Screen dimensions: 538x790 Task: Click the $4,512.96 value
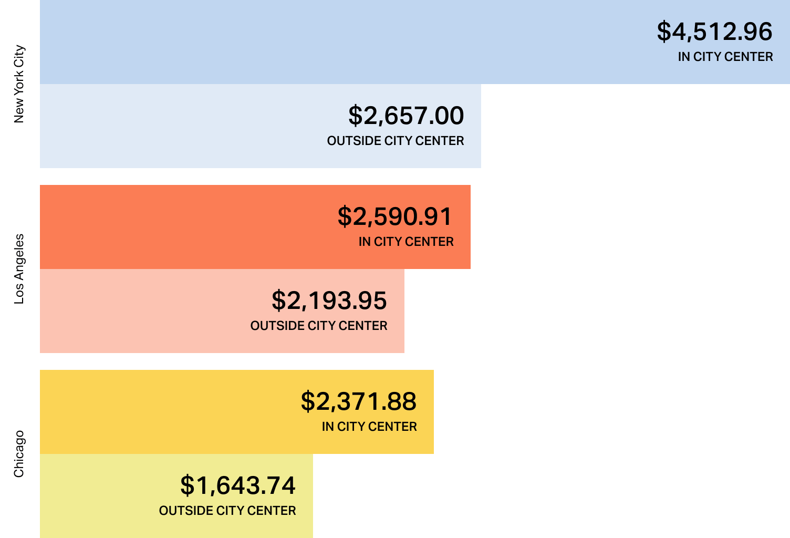coord(714,32)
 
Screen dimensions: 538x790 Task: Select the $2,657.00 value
coord(406,116)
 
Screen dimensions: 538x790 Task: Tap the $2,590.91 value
coord(395,216)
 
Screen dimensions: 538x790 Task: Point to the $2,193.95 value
coord(329,301)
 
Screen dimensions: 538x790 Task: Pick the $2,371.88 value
coord(359,401)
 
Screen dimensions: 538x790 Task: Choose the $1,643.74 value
coord(238,485)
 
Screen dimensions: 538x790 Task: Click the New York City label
coord(19,84)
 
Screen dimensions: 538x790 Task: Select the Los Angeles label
coord(19,269)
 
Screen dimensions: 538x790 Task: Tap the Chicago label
coord(19,454)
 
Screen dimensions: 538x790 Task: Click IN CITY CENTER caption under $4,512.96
coord(725,57)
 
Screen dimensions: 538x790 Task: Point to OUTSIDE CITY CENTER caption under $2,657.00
coord(396,141)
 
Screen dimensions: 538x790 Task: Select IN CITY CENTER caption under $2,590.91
coord(406,242)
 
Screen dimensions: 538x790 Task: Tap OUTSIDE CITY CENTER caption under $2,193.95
coord(319,326)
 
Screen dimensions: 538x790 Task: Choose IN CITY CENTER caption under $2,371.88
coord(369,427)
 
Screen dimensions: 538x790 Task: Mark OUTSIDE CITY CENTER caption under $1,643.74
coord(227,511)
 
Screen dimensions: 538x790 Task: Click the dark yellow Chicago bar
coord(158,412)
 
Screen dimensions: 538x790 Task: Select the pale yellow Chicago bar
coord(105,496)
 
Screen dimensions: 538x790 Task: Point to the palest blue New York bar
coord(184,126)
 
